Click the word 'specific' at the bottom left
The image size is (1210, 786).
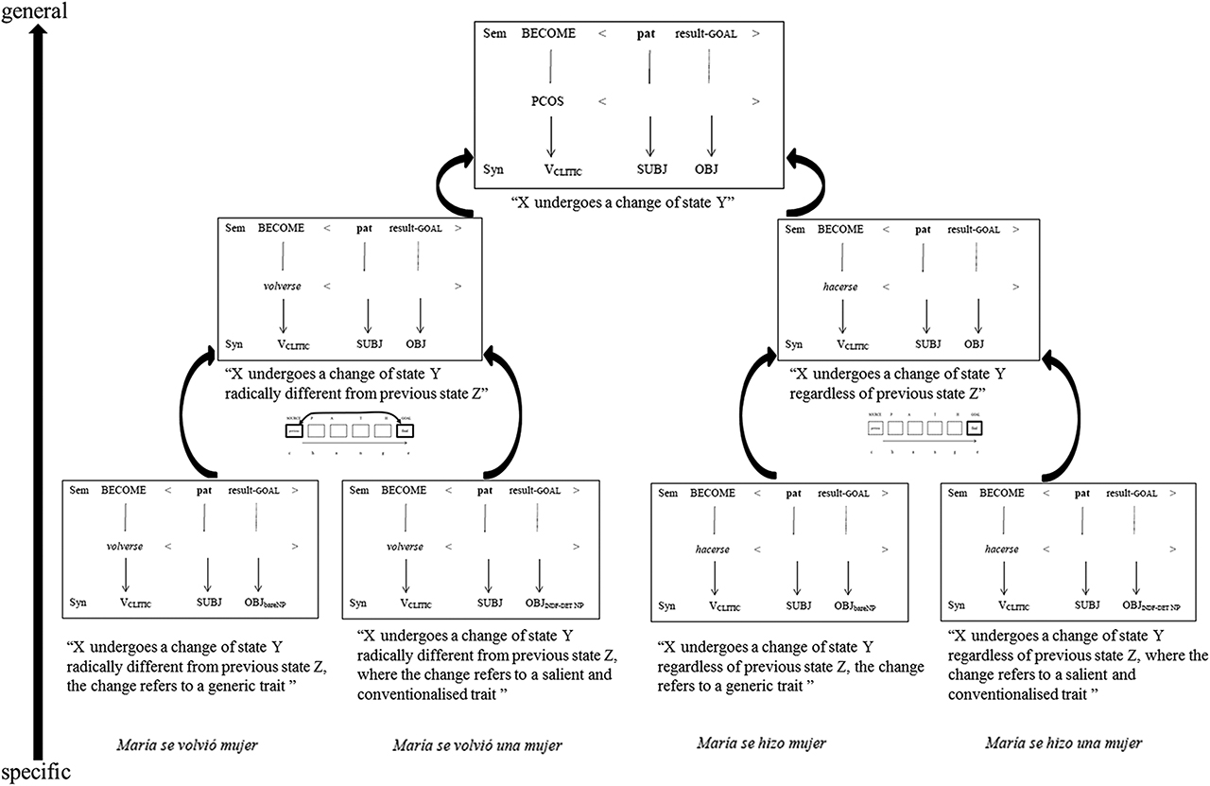[36, 773]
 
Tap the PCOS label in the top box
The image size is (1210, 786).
[547, 100]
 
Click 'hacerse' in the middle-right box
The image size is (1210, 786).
[838, 286]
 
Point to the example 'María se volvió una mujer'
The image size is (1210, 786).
[477, 744]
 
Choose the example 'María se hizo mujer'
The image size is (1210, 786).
[761, 743]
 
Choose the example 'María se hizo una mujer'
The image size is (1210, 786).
[1063, 743]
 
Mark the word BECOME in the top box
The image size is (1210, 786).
[547, 34]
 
